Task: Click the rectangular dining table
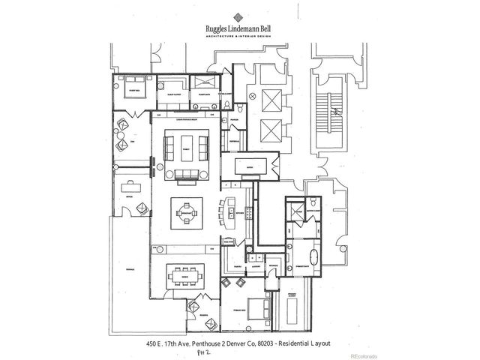[184, 274]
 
